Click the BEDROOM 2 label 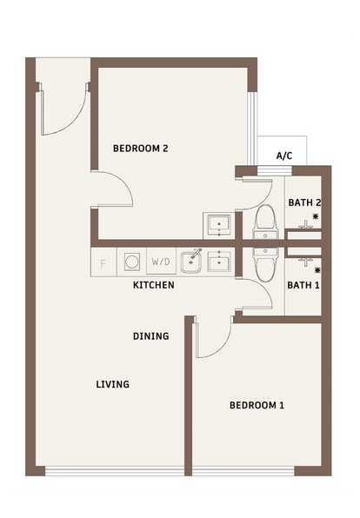(x=141, y=149)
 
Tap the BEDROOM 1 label (x=257, y=405)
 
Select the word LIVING (x=113, y=384)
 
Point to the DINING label (x=151, y=336)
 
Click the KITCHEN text (x=154, y=285)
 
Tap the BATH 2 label (x=304, y=203)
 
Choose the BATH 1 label (x=303, y=285)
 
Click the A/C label (x=284, y=156)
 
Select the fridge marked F (x=103, y=262)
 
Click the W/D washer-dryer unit (x=161, y=262)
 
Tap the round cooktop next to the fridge (x=131, y=262)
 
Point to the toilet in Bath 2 (x=265, y=222)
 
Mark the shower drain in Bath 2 (x=316, y=216)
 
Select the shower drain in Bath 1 (x=317, y=270)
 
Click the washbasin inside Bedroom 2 (x=219, y=226)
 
